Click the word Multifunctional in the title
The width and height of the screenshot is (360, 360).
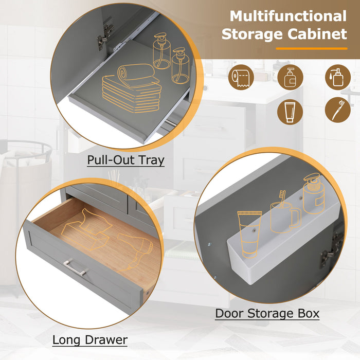click(288, 16)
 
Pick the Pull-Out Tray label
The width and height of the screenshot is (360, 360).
click(125, 160)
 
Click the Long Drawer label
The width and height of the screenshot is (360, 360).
click(90, 339)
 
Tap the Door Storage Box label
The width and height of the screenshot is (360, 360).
click(267, 313)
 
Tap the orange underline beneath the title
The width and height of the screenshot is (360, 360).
click(311, 48)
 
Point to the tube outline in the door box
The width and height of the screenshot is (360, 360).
click(249, 233)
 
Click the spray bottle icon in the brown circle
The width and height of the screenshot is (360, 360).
click(337, 77)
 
